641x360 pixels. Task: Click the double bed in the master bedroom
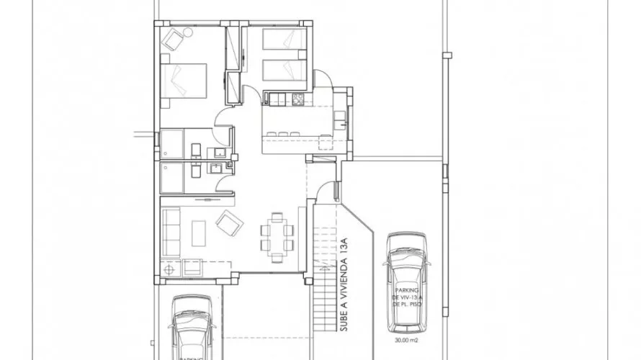tap(185, 81)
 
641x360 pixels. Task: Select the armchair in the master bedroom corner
tap(173, 40)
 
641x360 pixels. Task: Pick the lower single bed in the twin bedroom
tap(284, 70)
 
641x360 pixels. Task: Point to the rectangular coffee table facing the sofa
tap(200, 233)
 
